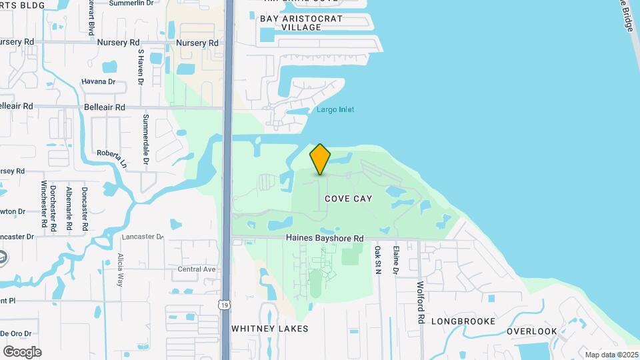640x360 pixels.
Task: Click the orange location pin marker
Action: (x=320, y=159)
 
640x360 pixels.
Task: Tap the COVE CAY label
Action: (x=349, y=199)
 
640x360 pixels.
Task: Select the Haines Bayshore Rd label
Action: (x=325, y=238)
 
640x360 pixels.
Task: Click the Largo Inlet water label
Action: (x=335, y=109)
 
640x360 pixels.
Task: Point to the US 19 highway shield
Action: (x=227, y=305)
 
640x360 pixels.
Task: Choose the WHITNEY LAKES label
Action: (x=270, y=329)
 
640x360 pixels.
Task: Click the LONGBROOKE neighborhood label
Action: (x=463, y=321)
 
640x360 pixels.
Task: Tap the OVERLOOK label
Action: (x=531, y=331)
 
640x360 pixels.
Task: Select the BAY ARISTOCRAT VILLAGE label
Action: (x=301, y=23)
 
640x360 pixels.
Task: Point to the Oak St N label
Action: (x=377, y=260)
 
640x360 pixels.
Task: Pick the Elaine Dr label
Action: (x=396, y=260)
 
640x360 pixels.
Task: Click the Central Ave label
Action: (x=197, y=269)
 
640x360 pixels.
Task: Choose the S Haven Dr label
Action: (x=141, y=67)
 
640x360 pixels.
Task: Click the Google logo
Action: (x=22, y=351)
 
